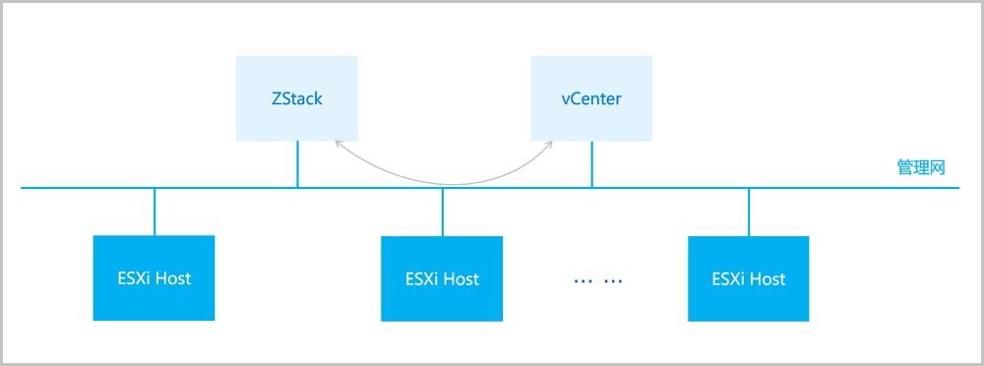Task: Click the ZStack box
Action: [296, 98]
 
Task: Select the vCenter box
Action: [590, 98]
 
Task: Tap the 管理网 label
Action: [920, 167]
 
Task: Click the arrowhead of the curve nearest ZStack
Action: [338, 144]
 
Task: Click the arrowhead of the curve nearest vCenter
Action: [549, 144]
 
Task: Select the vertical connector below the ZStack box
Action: [297, 163]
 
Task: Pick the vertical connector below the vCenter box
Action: [591, 163]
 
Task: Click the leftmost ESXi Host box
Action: [154, 277]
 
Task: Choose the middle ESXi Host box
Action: [442, 278]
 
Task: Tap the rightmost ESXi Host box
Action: [749, 278]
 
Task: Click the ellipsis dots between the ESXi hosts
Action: [598, 280]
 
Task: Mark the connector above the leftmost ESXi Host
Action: [154, 212]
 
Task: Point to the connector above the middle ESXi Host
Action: [443, 212]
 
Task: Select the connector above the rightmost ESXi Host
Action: [749, 212]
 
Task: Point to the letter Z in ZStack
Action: [276, 98]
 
